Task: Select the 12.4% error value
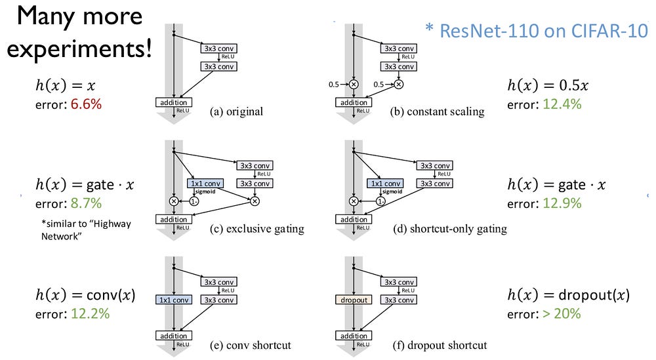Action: click(563, 104)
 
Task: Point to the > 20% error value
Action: click(562, 313)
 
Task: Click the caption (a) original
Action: click(236, 111)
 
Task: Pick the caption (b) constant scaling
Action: click(437, 111)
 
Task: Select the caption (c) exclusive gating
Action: click(257, 228)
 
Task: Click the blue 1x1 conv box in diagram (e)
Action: click(173, 300)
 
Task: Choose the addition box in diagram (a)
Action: click(173, 102)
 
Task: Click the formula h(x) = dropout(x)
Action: click(568, 295)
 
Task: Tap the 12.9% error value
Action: click(563, 203)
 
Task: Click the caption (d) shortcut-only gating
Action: click(447, 228)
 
